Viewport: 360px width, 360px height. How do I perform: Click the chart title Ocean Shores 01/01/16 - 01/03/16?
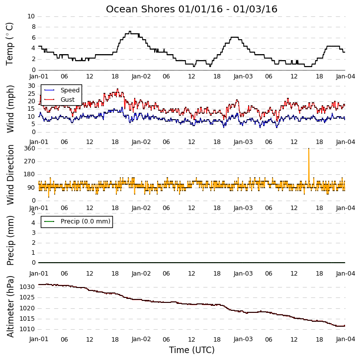(191, 9)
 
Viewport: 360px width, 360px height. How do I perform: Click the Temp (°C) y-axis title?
(9, 44)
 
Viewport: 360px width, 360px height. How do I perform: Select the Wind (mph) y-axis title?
(10, 109)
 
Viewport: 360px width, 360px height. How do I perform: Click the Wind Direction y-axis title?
(10, 174)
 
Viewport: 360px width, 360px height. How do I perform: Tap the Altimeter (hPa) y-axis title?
(10, 306)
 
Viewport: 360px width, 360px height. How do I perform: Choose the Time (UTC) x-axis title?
(192, 350)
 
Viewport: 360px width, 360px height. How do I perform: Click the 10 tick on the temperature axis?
(31, 16)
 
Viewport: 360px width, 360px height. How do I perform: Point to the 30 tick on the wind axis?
(31, 86)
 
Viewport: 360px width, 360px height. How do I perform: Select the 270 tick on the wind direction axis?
(30, 161)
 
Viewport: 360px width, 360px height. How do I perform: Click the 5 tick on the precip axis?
(33, 213)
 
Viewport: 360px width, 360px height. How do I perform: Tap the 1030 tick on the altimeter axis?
(27, 287)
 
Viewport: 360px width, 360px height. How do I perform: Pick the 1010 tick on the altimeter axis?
(27, 329)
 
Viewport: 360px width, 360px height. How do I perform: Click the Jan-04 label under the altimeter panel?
(346, 339)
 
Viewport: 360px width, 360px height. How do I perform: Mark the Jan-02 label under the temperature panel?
(141, 76)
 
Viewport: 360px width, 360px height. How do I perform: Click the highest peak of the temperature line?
(130, 31)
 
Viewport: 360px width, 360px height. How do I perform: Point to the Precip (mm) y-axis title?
(10, 240)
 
